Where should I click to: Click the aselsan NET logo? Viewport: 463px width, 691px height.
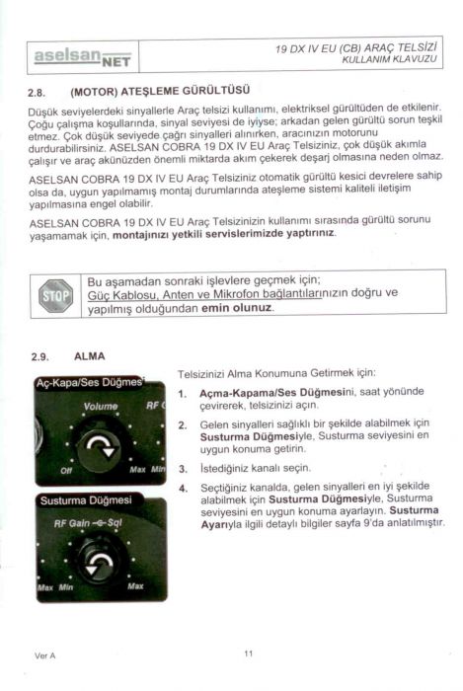[x=82, y=57]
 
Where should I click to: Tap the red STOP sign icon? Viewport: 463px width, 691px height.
[x=55, y=296]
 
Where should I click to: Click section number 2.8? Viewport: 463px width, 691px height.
[x=37, y=93]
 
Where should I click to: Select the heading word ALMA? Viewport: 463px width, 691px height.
[x=90, y=356]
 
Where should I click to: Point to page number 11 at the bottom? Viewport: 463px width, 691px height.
[x=249, y=653]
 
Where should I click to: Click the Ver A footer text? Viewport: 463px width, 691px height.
[x=45, y=655]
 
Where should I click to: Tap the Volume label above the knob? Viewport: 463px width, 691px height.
[x=101, y=407]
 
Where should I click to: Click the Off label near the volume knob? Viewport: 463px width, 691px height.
[x=66, y=470]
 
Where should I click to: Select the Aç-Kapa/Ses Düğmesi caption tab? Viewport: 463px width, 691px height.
[x=90, y=382]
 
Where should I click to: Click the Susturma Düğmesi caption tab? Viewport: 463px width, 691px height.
[x=86, y=500]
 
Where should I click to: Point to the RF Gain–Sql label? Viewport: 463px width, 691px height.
[x=88, y=523]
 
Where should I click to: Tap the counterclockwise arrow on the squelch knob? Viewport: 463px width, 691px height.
[x=99, y=564]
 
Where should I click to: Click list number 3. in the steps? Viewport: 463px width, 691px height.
[x=183, y=469]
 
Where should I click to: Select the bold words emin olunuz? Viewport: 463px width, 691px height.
[x=236, y=308]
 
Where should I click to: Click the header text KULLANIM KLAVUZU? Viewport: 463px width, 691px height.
[x=389, y=59]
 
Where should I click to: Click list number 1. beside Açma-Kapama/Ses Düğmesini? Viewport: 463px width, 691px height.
[x=183, y=394]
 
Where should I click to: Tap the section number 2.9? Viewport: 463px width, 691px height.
[x=40, y=357]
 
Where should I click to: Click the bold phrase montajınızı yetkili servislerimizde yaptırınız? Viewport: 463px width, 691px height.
[x=224, y=233]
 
